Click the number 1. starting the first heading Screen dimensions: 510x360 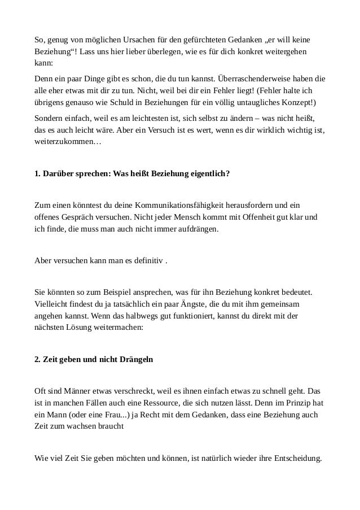click(x=38, y=173)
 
